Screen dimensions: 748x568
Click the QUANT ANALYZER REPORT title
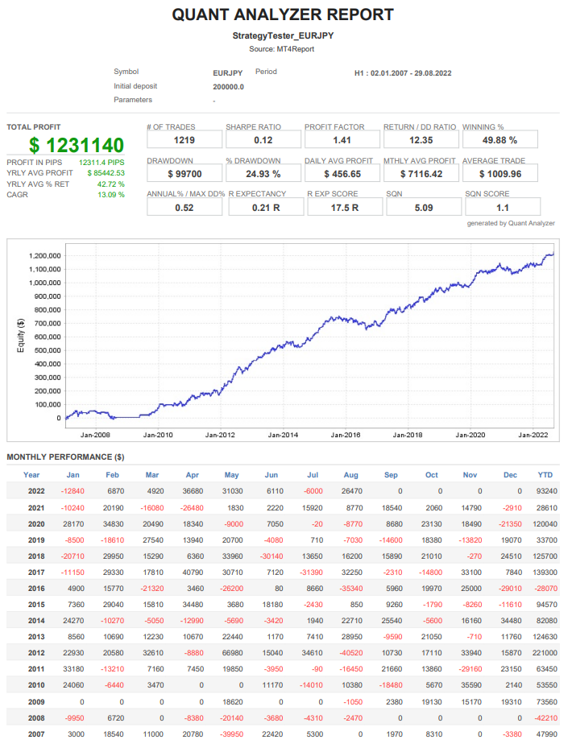point(283,14)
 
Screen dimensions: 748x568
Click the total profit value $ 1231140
point(77,145)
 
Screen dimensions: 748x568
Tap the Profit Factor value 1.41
point(342,140)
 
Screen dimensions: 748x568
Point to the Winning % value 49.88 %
point(500,140)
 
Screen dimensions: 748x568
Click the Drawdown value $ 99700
point(184,174)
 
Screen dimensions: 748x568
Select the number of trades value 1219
point(184,140)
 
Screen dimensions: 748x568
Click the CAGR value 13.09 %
point(111,195)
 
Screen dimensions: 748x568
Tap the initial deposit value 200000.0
point(229,87)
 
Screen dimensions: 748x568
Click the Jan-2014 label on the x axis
point(283,436)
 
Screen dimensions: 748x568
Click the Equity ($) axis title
point(20,337)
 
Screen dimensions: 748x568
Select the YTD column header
point(545,475)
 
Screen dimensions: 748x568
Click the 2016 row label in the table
point(36,589)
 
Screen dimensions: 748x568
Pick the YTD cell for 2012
point(545,653)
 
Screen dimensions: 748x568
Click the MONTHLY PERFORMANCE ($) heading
point(65,457)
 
